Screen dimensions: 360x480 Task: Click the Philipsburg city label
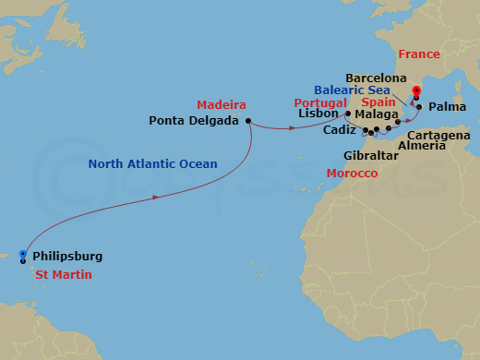[67, 256]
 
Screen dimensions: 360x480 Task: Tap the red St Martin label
[64, 275]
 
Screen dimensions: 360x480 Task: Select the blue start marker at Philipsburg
[21, 255]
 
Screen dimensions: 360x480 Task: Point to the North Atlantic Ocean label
[152, 164]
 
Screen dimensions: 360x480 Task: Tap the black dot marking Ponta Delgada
[248, 120]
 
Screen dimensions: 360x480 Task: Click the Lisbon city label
[320, 114]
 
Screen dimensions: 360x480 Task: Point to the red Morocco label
[352, 174]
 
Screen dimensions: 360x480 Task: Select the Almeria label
[420, 146]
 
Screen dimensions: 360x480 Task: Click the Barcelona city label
[376, 78]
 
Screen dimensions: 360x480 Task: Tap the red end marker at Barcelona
[416, 91]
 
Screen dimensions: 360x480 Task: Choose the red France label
[419, 54]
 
